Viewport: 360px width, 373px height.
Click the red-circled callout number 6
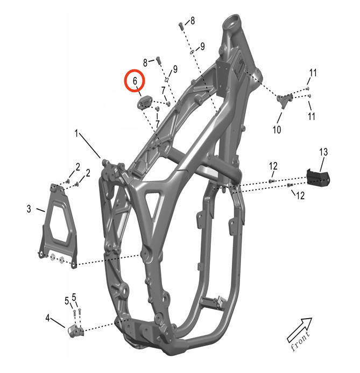click(x=135, y=81)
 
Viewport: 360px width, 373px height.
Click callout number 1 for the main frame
click(x=76, y=133)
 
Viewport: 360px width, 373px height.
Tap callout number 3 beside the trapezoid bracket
click(x=29, y=209)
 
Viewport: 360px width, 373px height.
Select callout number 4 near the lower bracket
click(x=47, y=318)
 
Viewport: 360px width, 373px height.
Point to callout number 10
click(x=277, y=130)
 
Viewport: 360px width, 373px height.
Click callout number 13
click(x=323, y=152)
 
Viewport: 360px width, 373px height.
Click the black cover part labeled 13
click(x=318, y=178)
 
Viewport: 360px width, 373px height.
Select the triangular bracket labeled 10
click(x=284, y=100)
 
